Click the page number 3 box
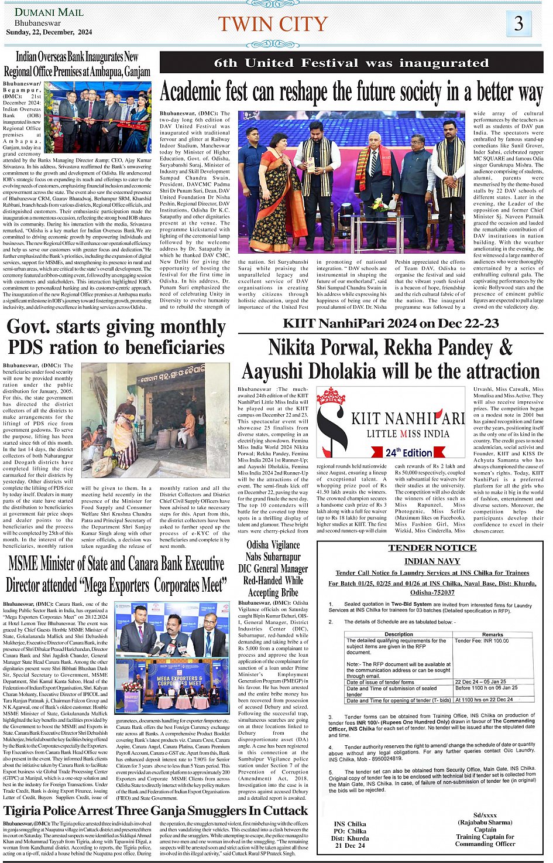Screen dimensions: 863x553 coord(518,23)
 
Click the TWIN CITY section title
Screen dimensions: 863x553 coord(273,24)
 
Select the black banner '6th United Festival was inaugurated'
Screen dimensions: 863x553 coord(351,63)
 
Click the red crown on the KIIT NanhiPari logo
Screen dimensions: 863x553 coord(330,397)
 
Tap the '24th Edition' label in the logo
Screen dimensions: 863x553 coord(408,452)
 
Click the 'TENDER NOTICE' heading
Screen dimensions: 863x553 coord(432,548)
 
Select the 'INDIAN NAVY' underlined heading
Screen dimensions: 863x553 coord(432,561)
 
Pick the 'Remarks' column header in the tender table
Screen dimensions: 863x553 coord(492,635)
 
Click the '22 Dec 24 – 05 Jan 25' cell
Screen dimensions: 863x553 coord(480,681)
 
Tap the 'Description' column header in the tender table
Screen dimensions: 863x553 coord(399,635)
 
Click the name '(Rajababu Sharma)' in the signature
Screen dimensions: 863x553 coord(485,822)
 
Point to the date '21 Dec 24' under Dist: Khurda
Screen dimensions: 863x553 coord(350,845)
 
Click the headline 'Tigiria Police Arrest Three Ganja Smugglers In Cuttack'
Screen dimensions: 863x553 coord(156,811)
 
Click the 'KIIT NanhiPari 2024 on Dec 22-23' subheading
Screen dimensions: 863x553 coord(390,323)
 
